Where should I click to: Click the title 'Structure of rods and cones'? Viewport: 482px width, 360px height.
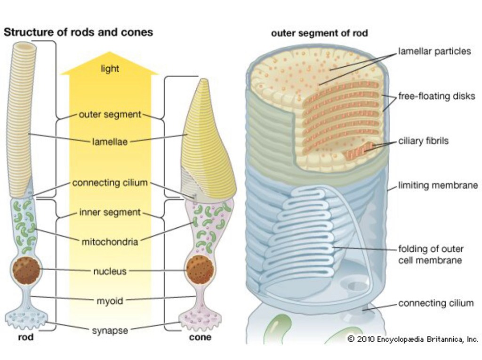click(78, 32)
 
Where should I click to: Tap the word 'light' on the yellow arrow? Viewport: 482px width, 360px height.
click(110, 69)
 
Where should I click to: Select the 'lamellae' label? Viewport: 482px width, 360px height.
click(110, 141)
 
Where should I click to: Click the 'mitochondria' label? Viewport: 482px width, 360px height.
click(110, 242)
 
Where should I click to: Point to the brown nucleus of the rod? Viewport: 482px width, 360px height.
click(26, 270)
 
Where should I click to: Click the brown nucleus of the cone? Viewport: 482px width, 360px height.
click(200, 270)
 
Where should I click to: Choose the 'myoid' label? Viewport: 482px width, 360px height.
click(110, 301)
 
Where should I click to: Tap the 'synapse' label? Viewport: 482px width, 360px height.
click(110, 330)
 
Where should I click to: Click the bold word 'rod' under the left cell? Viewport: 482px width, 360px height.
click(25, 337)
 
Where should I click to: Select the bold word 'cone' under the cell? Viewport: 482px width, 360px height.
click(200, 337)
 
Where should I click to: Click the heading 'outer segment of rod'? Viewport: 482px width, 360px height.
click(319, 33)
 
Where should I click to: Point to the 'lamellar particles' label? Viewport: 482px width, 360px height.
click(434, 51)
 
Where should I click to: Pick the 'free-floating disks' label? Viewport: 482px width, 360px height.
click(436, 96)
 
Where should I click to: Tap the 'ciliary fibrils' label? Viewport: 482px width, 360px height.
click(423, 141)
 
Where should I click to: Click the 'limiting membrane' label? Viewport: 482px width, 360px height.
click(438, 185)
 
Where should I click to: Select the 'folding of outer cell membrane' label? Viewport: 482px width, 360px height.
click(431, 255)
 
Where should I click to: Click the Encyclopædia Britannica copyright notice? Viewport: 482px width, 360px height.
click(412, 339)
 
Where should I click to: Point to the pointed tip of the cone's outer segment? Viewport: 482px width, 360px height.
click(204, 80)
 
